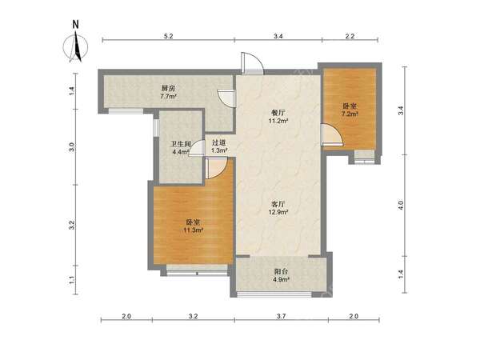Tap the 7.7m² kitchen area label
point(168,97)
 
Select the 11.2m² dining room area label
point(278,121)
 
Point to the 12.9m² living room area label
point(278,212)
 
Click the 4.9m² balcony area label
point(282,279)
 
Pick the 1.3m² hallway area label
point(219,150)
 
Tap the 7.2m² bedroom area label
point(350,114)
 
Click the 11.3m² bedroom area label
point(194,230)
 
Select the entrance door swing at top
point(252,63)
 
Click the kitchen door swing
point(226,98)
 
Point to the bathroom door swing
point(197,148)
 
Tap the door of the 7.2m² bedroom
point(332,134)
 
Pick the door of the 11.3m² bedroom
point(216,168)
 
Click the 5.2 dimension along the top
point(168,36)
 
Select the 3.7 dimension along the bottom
point(281,316)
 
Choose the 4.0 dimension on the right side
point(401,205)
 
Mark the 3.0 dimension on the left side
point(72,147)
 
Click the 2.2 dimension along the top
point(350,36)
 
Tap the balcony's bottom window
point(274,294)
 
